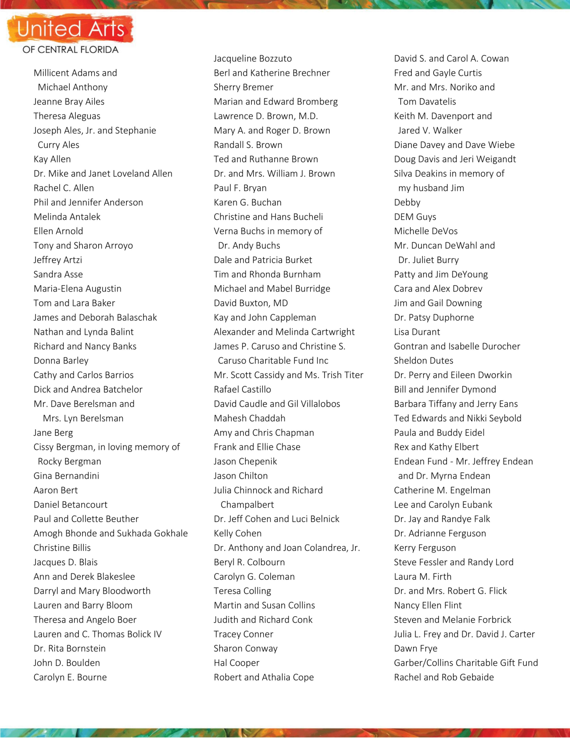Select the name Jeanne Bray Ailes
69,102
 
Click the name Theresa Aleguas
67,116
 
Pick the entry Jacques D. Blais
65,562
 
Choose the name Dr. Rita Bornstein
70,649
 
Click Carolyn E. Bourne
70,677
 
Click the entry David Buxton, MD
251,303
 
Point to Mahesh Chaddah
249,418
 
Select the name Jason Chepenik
245,462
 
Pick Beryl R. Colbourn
249,562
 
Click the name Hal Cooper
236,663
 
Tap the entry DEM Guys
415,217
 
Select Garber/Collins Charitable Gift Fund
466,663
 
